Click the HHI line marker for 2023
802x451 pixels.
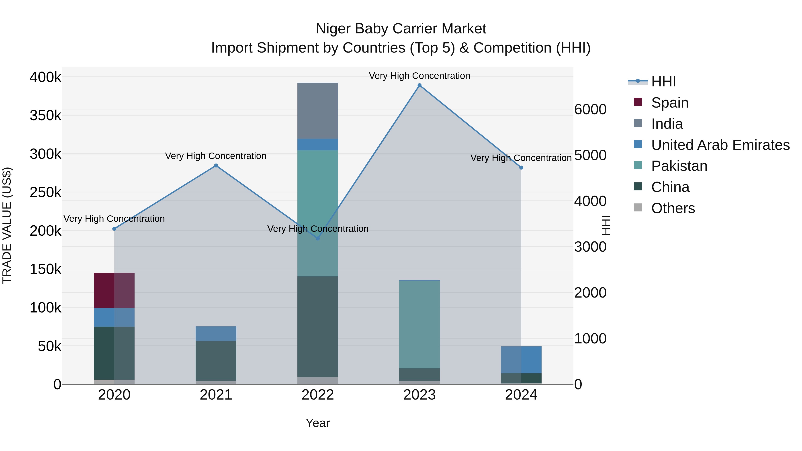(x=419, y=85)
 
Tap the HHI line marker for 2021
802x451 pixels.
(x=216, y=165)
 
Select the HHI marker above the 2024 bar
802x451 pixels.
(x=521, y=168)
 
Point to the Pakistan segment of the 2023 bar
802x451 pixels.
(x=419, y=324)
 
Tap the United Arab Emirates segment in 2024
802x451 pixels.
(x=521, y=359)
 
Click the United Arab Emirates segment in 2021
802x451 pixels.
(x=216, y=333)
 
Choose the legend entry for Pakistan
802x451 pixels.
(x=679, y=166)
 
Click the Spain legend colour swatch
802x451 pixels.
(x=638, y=102)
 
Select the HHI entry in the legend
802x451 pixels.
(x=663, y=82)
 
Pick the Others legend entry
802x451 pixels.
(x=673, y=208)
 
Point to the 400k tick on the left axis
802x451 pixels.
(x=45, y=77)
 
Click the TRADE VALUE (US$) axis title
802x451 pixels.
(x=7, y=225)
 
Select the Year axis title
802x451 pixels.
(x=317, y=423)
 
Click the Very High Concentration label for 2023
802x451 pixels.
(x=419, y=76)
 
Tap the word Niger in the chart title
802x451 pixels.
(x=333, y=29)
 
